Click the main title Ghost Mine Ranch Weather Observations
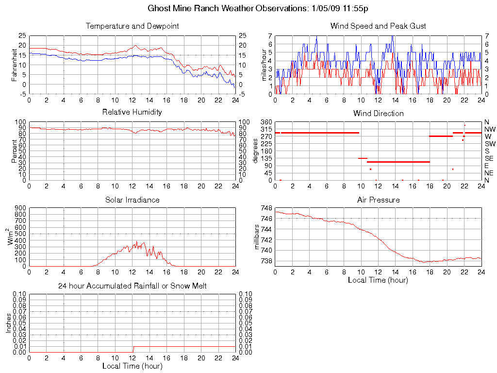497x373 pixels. [x=248, y=9]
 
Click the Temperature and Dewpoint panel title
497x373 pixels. [x=132, y=26]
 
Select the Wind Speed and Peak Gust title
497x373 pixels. [x=378, y=26]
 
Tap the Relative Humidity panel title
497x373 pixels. [x=132, y=112]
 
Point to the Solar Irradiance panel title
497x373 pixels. [x=132, y=200]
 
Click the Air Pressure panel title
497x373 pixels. [x=378, y=200]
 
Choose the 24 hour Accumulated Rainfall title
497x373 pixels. [x=132, y=286]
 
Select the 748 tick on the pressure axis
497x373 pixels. [x=266, y=208]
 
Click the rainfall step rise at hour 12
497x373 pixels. [x=133, y=349]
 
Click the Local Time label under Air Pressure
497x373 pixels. [x=378, y=280]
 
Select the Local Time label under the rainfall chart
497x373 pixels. [x=132, y=366]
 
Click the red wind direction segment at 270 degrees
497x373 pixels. [x=441, y=136]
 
